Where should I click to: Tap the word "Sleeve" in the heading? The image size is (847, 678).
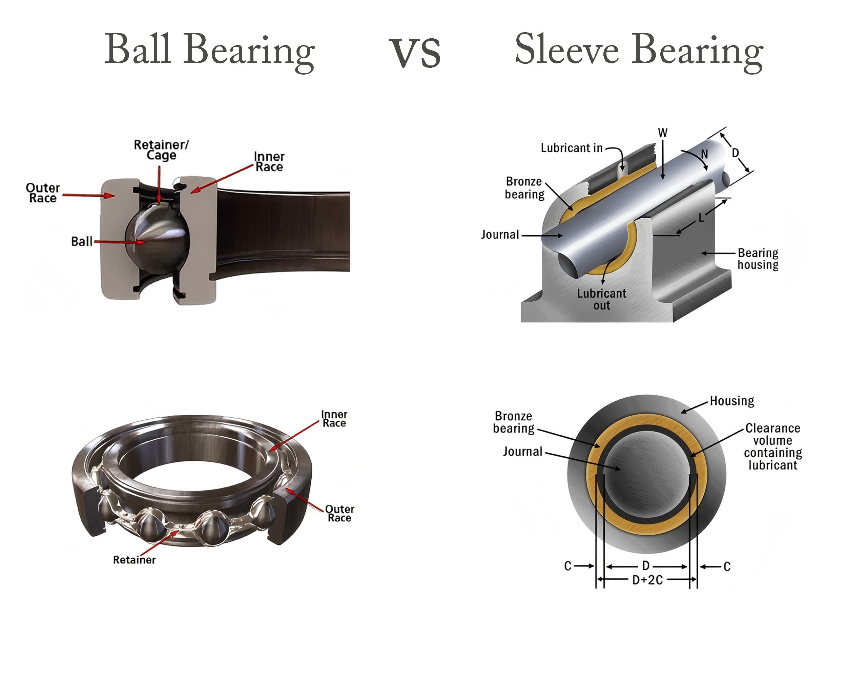(566, 49)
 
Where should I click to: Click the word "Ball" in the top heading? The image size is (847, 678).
(138, 49)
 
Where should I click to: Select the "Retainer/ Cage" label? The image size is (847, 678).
(161, 150)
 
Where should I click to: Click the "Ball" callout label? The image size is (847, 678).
(82, 241)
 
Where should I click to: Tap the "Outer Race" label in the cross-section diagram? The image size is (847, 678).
(43, 193)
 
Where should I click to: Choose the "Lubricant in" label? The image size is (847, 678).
(571, 148)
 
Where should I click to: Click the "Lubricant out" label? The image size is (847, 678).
(601, 299)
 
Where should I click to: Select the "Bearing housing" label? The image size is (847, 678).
(758, 259)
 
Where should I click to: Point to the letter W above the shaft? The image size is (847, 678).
(663, 133)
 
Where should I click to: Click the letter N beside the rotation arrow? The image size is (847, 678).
(704, 154)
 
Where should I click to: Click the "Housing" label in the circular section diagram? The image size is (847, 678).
(732, 401)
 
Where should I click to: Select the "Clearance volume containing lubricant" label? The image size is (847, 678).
(773, 446)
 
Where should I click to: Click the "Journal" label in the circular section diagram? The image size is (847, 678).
(522, 452)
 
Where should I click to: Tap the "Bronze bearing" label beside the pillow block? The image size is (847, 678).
(524, 188)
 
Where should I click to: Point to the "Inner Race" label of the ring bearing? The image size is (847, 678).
(334, 419)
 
